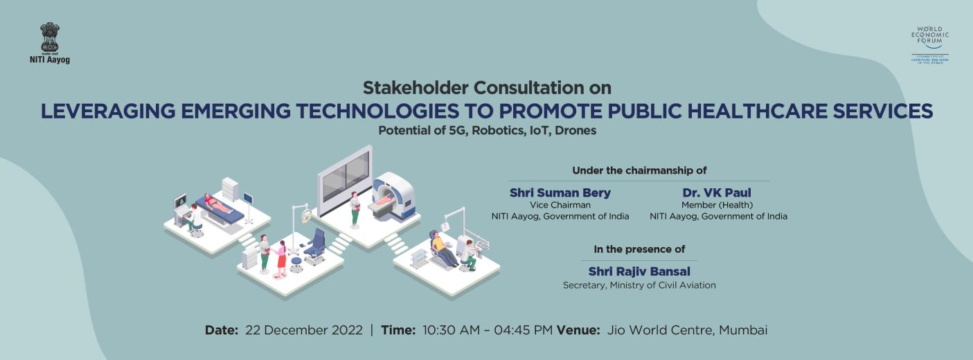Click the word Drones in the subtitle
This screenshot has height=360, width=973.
[576, 129]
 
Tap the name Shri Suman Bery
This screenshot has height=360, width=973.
[560, 192]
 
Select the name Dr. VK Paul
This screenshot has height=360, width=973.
[717, 192]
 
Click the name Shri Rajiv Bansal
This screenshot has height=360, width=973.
[639, 271]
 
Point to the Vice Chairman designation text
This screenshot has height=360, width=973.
[560, 205]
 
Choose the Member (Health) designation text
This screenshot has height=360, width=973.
[717, 205]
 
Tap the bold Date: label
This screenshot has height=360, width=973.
[222, 330]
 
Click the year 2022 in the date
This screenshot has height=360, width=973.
[348, 330]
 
